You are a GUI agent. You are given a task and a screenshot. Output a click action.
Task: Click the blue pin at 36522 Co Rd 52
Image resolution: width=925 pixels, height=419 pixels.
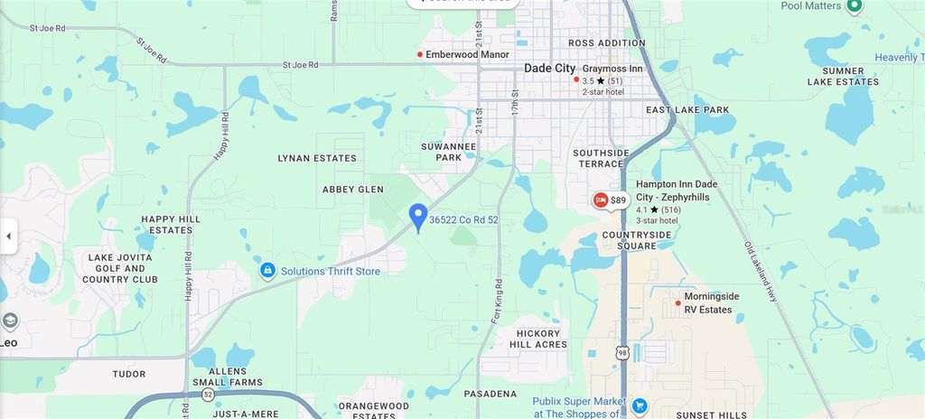(x=417, y=217)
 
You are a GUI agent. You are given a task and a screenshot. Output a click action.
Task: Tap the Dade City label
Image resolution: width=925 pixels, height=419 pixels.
(x=550, y=69)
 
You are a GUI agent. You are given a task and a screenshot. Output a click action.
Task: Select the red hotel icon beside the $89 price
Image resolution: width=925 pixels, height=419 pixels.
(x=600, y=200)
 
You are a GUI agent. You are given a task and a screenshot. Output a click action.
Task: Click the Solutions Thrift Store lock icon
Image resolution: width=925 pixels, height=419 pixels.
(x=267, y=270)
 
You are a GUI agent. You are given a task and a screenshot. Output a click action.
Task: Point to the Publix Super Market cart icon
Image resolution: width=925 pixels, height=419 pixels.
(x=640, y=405)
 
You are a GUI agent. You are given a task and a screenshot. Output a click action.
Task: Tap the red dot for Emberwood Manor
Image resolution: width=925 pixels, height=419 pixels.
(x=420, y=54)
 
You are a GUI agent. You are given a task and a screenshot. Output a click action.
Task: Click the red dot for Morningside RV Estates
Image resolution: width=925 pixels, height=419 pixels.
(x=677, y=303)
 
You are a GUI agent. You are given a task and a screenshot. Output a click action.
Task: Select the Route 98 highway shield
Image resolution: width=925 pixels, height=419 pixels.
(x=621, y=352)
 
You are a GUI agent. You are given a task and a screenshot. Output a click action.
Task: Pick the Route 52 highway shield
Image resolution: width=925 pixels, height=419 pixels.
(x=208, y=395)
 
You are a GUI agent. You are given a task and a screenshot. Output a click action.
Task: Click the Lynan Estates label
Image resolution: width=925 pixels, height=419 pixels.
(x=316, y=158)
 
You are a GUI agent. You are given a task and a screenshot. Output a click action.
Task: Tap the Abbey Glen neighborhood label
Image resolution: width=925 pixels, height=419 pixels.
(x=353, y=190)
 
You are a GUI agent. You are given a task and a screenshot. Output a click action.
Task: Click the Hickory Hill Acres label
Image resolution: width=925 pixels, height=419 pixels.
(x=537, y=338)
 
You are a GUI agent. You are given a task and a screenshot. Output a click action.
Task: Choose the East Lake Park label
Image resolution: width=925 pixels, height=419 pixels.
(x=687, y=110)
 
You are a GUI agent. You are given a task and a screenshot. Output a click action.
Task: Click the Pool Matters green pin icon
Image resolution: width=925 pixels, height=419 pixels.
(x=855, y=6)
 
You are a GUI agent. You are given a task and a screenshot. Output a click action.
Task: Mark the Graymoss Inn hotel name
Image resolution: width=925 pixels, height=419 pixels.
(x=612, y=69)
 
